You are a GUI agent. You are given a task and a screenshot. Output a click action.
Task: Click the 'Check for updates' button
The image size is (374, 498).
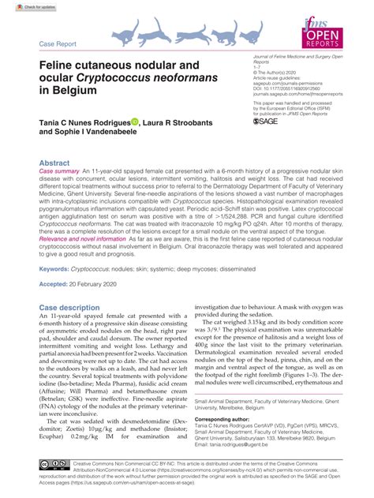(23, 6)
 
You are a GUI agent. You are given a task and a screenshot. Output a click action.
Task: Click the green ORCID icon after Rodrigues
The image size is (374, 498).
(134, 122)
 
